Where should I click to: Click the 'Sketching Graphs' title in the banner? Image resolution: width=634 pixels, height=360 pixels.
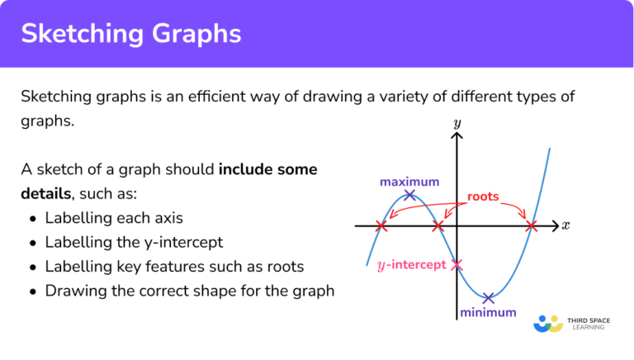tap(131, 34)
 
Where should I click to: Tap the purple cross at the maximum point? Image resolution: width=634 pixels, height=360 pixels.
tap(410, 195)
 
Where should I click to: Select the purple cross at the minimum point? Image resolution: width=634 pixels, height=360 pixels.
tap(489, 298)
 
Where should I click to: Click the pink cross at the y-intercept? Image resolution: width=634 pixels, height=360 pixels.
tap(457, 265)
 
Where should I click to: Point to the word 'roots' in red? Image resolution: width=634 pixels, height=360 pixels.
tap(484, 197)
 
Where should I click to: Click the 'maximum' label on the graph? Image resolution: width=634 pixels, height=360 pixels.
tap(409, 182)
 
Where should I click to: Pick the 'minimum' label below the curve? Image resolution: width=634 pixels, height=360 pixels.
tap(488, 313)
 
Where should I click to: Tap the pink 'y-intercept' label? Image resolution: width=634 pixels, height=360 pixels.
tap(410, 265)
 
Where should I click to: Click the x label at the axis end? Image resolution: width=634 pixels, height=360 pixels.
tap(565, 225)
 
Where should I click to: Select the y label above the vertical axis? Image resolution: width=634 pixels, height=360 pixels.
tap(457, 123)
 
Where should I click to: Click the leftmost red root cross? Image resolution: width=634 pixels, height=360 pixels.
tap(381, 225)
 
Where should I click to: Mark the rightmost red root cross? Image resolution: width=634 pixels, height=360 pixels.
tap(532, 225)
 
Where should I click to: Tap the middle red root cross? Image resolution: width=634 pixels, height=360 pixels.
tap(438, 225)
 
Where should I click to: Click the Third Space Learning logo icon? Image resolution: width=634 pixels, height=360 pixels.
tap(548, 323)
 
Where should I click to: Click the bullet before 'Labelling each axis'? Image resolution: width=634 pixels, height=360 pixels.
tap(32, 219)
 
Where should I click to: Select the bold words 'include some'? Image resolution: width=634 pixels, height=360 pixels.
tap(268, 170)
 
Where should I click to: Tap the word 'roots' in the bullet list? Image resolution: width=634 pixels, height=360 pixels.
tap(285, 267)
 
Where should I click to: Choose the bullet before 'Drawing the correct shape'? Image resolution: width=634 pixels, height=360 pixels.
tap(32, 291)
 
